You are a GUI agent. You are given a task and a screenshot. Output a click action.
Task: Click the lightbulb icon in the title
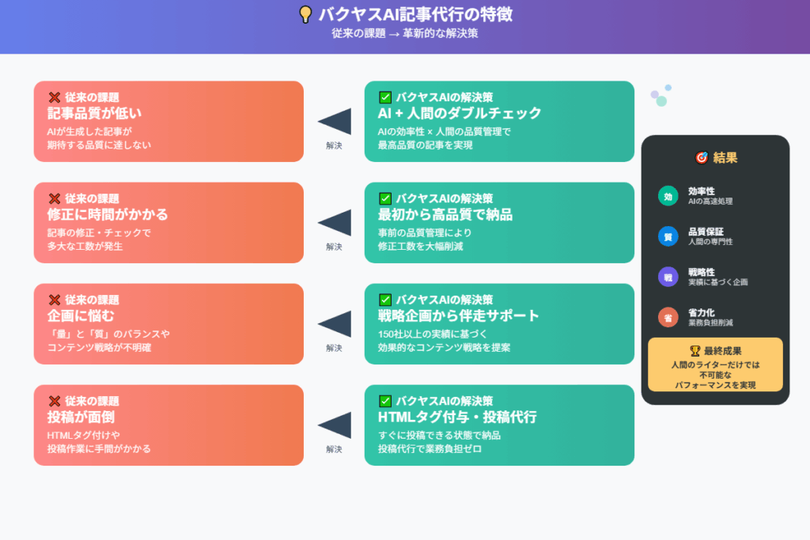pos(305,14)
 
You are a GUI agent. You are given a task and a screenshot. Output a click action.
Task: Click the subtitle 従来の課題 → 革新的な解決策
pos(404,33)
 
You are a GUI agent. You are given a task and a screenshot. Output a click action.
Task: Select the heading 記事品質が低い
pos(95,113)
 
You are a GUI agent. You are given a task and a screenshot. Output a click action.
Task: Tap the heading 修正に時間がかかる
pos(108,214)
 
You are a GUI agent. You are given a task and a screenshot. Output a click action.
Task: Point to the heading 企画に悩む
pos(81,315)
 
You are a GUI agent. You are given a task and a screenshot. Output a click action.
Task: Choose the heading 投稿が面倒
pos(81,417)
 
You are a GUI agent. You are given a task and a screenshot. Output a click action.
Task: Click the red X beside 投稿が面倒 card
pos(55,401)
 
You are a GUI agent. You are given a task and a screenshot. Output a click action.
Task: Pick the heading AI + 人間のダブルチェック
pos(460,113)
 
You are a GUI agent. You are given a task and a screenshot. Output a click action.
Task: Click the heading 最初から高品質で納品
pos(445,214)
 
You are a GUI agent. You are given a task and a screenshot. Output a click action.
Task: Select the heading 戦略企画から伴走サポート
pos(458,315)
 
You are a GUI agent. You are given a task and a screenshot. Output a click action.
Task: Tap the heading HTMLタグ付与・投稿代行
pos(457,417)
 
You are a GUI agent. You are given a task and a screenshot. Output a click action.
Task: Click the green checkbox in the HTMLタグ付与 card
pos(385,401)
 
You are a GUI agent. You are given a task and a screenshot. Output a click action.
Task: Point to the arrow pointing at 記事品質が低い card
pos(335,121)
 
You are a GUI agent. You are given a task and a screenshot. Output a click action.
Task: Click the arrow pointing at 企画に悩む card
pos(335,323)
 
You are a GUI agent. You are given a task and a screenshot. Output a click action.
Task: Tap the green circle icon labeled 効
pos(668,196)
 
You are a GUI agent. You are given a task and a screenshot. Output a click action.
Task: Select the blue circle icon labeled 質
pos(668,236)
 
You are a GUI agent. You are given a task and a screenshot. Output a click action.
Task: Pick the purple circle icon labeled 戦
pos(668,278)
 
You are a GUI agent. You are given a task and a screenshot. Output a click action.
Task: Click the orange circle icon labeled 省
pos(668,318)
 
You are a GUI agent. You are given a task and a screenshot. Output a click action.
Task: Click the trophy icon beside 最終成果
pos(695,351)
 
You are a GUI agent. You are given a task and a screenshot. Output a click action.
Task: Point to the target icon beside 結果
pos(701,157)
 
